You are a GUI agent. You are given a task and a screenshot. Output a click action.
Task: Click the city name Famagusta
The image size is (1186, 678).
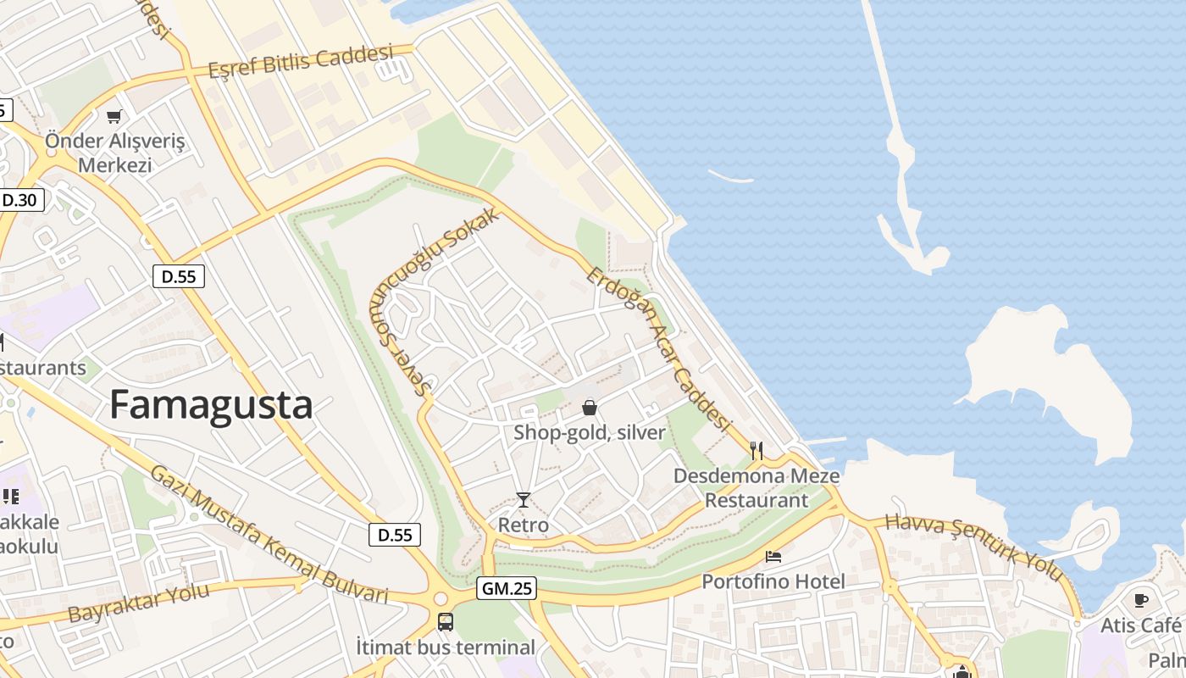pyautogui.click(x=211, y=405)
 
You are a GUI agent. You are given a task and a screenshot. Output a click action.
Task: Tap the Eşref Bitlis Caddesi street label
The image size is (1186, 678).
pyautogui.click(x=301, y=62)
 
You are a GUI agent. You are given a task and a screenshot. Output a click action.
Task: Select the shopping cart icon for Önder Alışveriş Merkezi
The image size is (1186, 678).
pyautogui.click(x=114, y=116)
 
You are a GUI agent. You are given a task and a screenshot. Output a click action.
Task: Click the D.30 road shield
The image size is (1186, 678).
pyautogui.click(x=19, y=200)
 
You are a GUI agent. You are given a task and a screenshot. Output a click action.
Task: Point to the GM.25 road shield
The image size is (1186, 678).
pyautogui.click(x=507, y=588)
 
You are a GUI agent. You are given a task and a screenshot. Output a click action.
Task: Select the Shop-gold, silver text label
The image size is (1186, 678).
pyautogui.click(x=590, y=432)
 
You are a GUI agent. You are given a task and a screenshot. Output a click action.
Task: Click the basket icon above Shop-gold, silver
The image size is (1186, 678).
pyautogui.click(x=590, y=408)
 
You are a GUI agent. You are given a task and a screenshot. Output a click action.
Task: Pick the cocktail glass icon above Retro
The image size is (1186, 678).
pyautogui.click(x=524, y=500)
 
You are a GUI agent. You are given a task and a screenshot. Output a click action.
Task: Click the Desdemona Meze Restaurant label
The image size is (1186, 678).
pyautogui.click(x=756, y=487)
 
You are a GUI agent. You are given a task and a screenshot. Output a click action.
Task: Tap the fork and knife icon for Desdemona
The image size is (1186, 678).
pyautogui.click(x=756, y=450)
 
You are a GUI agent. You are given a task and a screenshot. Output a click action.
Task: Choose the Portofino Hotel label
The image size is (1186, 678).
pyautogui.click(x=773, y=581)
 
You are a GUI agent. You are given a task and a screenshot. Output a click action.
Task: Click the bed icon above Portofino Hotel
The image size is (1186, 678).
pyautogui.click(x=773, y=557)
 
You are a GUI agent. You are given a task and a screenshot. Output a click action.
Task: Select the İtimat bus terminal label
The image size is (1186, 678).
pyautogui.click(x=446, y=647)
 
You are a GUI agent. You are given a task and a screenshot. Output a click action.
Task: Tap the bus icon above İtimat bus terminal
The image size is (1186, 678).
pyautogui.click(x=446, y=622)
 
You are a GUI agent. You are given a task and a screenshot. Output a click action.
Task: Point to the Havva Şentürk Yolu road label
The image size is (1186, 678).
pyautogui.click(x=974, y=547)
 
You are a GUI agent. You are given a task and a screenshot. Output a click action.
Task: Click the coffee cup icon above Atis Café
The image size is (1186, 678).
pyautogui.click(x=1141, y=600)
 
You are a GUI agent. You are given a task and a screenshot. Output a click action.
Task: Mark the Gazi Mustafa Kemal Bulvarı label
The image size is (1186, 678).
pyautogui.click(x=269, y=536)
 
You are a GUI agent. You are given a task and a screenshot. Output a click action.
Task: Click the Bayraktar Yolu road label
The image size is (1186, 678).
pyautogui.click(x=139, y=602)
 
